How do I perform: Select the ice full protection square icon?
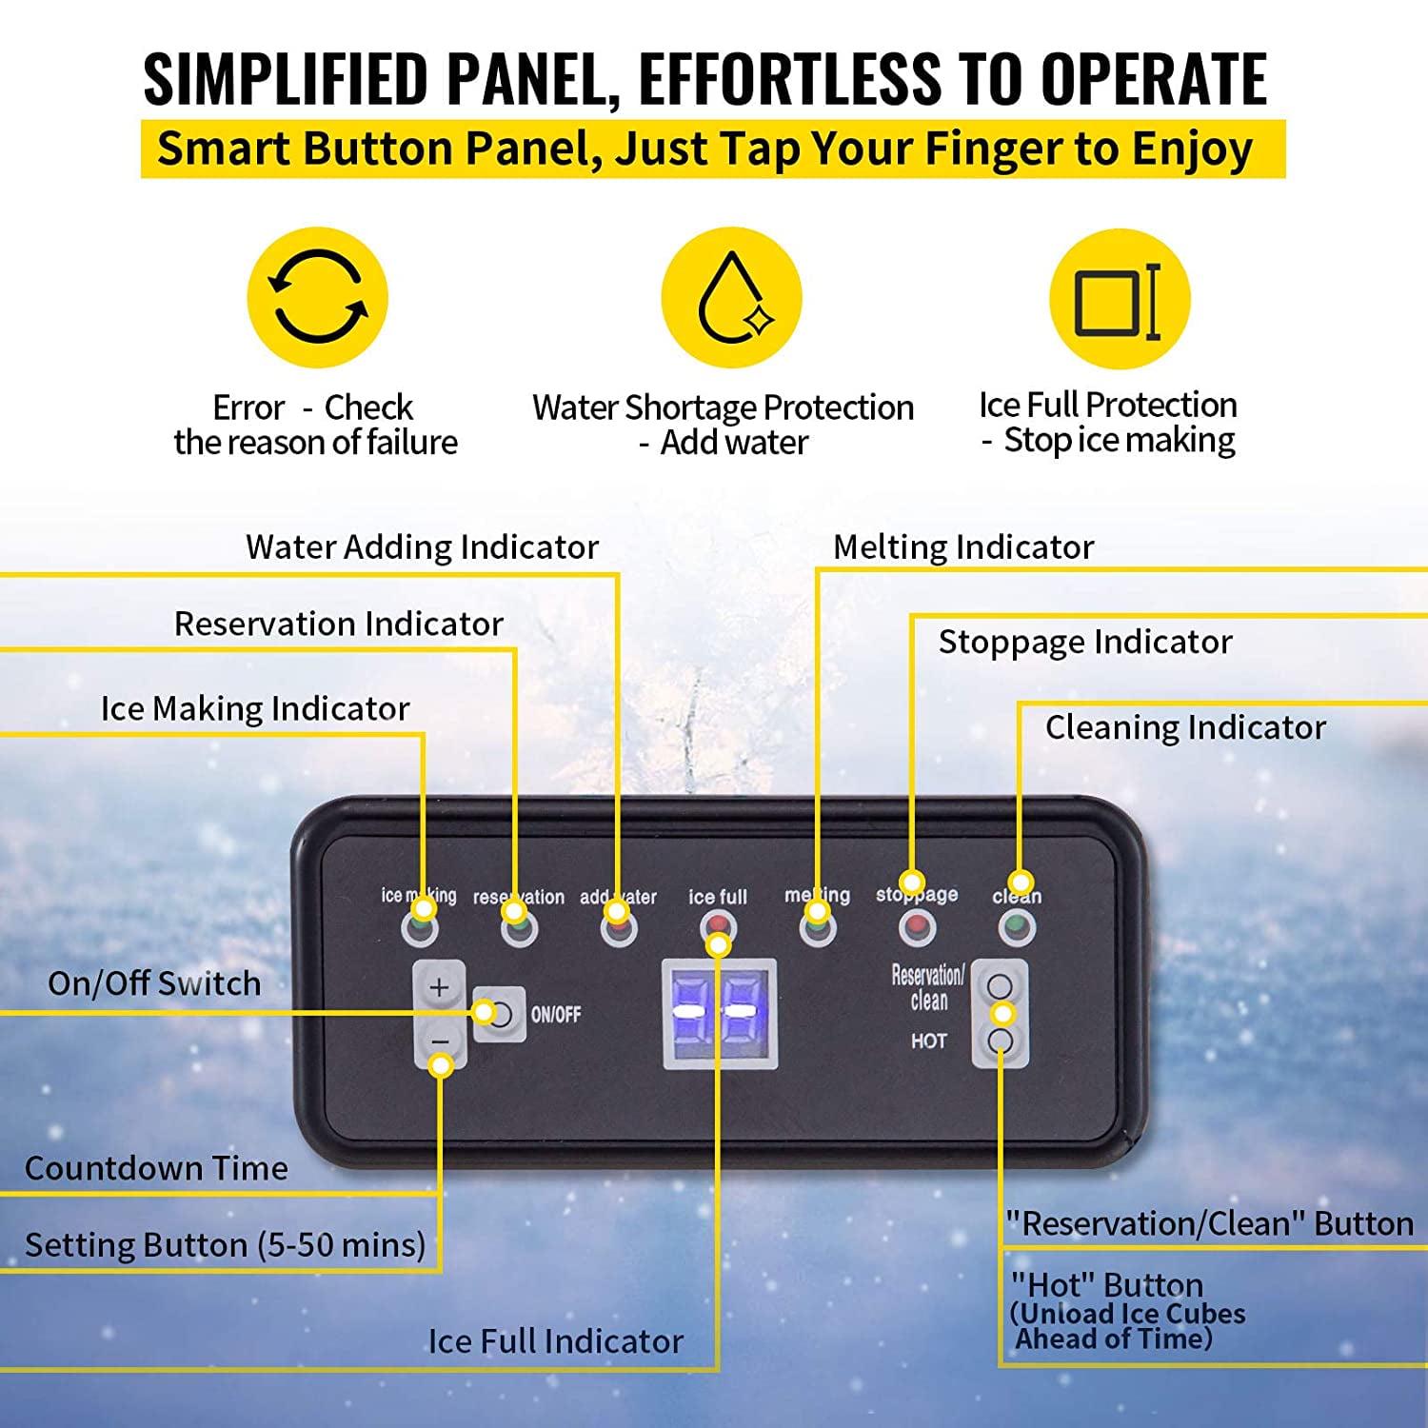tap(1119, 299)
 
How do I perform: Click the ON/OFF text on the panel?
tap(556, 1015)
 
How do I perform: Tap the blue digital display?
tap(720, 1012)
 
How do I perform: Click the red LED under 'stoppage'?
tap(917, 925)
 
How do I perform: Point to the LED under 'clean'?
tap(1017, 925)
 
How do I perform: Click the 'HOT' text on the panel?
tap(928, 1041)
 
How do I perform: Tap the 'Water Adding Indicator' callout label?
tap(422, 547)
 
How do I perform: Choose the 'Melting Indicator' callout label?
tap(963, 547)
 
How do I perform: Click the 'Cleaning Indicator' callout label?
tap(1185, 728)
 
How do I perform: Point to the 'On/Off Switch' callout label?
tap(154, 983)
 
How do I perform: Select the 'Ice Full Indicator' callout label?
tap(555, 1341)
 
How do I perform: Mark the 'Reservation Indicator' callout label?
tap(338, 625)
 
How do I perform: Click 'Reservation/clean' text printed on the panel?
tap(927, 987)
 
